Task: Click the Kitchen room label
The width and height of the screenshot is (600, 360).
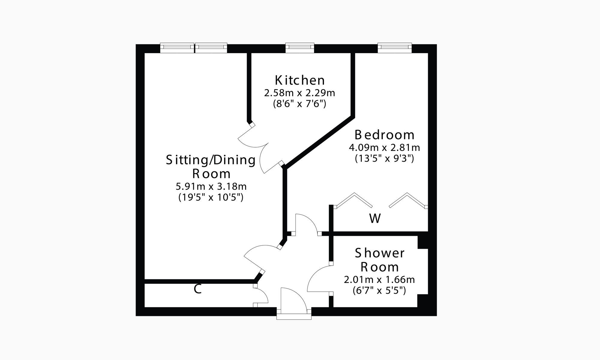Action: point(300,80)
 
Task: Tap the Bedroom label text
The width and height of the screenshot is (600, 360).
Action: point(384,135)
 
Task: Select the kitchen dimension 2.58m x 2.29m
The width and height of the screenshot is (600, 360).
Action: point(299,93)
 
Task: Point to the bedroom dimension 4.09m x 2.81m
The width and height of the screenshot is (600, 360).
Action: point(384,148)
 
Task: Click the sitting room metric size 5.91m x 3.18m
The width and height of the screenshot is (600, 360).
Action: point(211,187)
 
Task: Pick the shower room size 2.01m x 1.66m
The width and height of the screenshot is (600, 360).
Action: point(379,280)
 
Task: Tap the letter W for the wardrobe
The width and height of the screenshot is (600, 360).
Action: point(375,219)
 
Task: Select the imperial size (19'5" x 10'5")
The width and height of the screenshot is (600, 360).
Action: point(211,197)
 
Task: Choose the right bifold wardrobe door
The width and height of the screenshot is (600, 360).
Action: point(408,199)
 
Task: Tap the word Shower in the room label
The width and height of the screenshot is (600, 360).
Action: point(379,253)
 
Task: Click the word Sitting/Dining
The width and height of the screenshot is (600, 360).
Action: point(211,160)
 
